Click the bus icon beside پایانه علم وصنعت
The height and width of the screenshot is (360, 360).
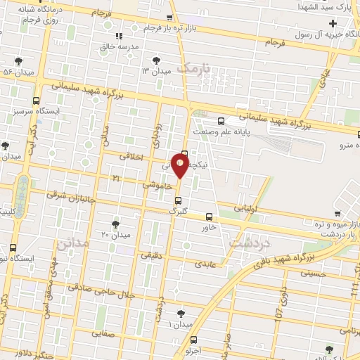click(222, 122)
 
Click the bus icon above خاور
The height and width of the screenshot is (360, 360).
click(209, 217)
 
